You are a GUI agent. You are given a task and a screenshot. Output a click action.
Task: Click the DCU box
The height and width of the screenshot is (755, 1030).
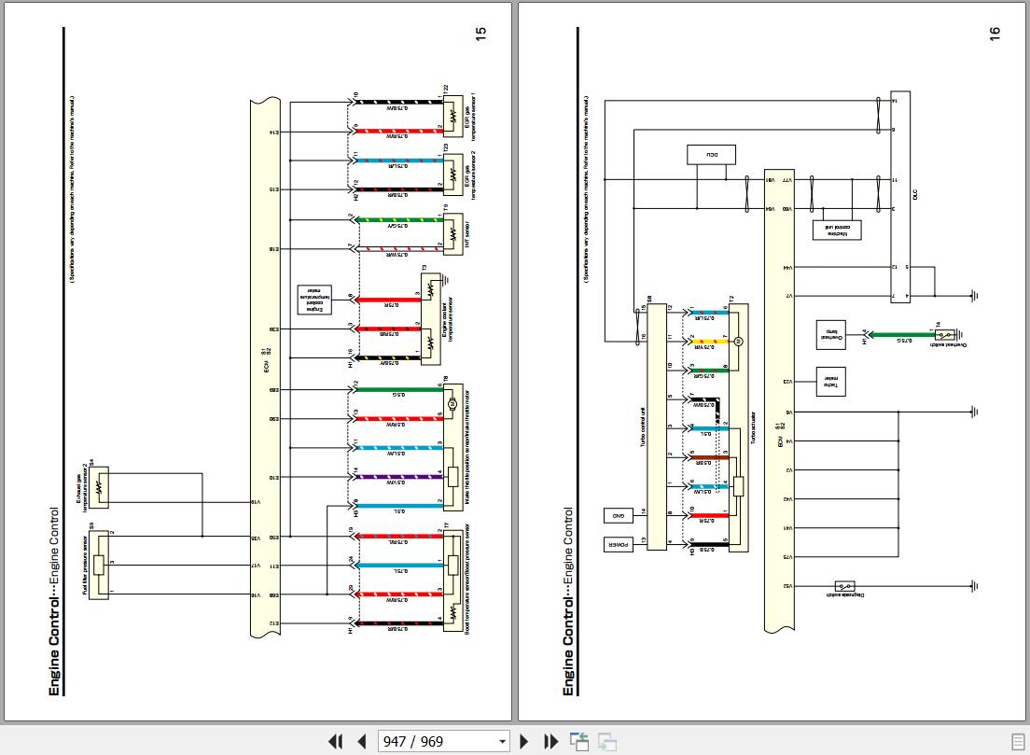711,155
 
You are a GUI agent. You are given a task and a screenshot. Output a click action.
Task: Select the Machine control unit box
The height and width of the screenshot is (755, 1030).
837,230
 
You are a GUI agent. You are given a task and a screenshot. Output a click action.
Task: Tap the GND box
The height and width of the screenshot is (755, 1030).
618,515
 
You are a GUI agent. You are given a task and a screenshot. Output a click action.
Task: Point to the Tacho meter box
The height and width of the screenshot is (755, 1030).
829,381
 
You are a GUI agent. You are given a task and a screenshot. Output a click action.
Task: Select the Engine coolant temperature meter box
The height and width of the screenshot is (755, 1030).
310,299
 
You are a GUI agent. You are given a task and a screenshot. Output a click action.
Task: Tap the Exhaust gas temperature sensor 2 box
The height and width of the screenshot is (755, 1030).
98,486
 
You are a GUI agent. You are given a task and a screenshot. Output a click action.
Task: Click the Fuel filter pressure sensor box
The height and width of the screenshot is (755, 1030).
98,566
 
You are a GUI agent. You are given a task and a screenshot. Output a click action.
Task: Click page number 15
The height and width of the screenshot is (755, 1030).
481,33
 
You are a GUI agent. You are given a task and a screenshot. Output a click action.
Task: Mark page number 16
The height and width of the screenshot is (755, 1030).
995,33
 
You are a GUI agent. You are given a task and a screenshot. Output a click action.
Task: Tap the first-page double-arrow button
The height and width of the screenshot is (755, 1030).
335,741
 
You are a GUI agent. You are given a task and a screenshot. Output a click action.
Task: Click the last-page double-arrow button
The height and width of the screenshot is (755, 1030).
551,741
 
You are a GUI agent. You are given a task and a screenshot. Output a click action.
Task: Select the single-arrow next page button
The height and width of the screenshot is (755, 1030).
524,741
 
